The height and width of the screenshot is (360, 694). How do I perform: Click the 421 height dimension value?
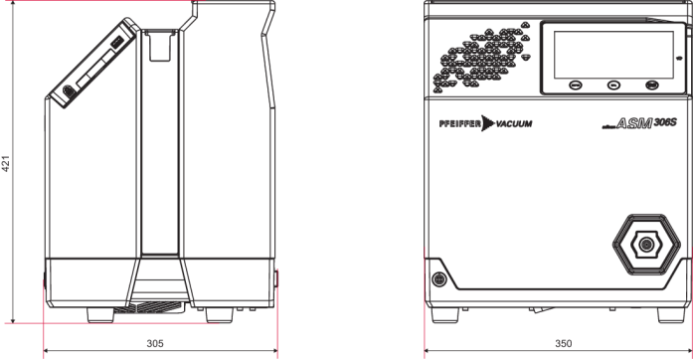(x=6, y=163)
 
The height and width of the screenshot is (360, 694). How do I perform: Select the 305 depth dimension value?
(x=155, y=344)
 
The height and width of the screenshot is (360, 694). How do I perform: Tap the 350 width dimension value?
(x=564, y=344)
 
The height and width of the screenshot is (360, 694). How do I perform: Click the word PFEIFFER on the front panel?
(x=460, y=123)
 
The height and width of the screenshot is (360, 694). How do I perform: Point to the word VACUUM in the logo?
(x=514, y=123)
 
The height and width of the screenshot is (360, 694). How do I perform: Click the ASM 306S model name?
(x=639, y=123)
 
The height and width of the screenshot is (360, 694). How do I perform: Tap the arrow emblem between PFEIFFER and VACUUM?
(x=488, y=123)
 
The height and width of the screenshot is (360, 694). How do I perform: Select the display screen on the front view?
(x=613, y=55)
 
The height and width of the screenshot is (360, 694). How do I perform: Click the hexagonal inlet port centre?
(x=646, y=244)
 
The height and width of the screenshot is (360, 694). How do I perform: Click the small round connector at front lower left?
(x=439, y=279)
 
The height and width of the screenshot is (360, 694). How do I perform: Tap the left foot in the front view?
(x=445, y=315)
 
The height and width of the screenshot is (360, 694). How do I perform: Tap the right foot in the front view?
(x=671, y=315)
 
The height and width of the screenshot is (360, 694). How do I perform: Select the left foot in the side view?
(x=100, y=315)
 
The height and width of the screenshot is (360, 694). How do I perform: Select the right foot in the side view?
(x=219, y=315)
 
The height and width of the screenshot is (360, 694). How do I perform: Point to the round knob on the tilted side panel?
(x=68, y=91)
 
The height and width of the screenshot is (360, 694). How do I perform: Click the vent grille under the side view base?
(x=149, y=307)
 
